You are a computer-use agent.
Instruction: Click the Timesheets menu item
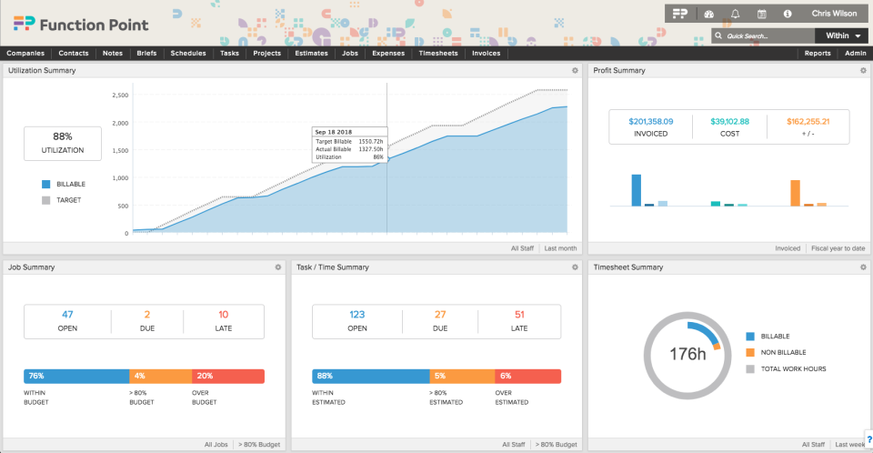(x=440, y=54)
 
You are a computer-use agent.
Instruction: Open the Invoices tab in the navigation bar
(x=486, y=54)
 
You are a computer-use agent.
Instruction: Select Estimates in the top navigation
(x=311, y=54)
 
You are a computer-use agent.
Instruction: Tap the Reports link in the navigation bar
(x=818, y=54)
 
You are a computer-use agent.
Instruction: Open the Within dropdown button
(x=842, y=36)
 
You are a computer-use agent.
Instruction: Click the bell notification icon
(x=734, y=14)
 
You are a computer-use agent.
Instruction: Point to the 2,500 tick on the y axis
(x=120, y=95)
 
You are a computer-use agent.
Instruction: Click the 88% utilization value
(x=63, y=136)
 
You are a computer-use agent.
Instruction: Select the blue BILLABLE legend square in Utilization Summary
(x=45, y=184)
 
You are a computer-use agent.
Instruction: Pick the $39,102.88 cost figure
(x=729, y=121)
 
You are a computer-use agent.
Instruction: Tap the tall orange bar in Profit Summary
(x=795, y=193)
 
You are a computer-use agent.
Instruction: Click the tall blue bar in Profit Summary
(x=637, y=190)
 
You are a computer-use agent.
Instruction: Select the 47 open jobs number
(x=67, y=315)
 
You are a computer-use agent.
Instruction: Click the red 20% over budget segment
(x=228, y=376)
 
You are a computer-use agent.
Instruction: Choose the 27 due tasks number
(x=440, y=315)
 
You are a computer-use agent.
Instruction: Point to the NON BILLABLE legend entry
(x=782, y=352)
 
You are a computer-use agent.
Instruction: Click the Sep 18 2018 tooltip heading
(x=335, y=132)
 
